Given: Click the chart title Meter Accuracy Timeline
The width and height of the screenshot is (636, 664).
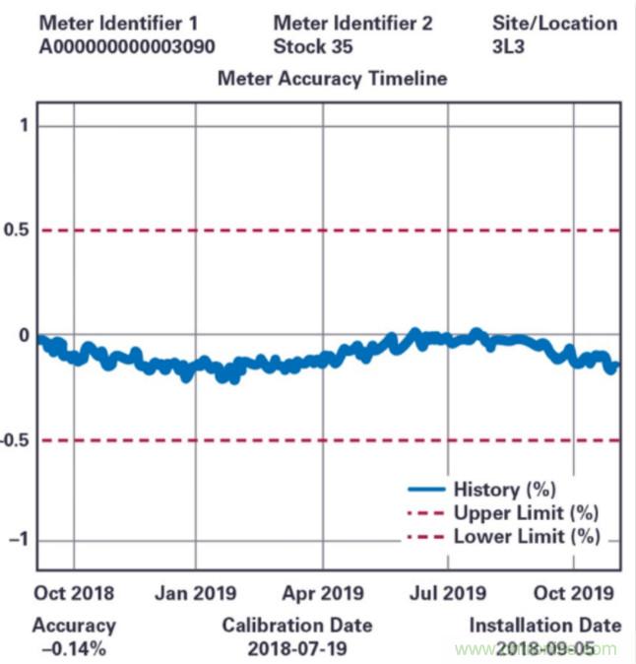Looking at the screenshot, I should point(332,78).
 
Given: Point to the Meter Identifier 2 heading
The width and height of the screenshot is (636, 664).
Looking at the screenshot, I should point(351,23).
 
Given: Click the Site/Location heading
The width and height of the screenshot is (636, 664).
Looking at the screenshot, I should point(554,23).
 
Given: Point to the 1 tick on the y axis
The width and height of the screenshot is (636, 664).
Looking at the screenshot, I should point(23,125).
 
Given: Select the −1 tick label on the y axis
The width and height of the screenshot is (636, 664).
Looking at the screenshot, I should point(18,540).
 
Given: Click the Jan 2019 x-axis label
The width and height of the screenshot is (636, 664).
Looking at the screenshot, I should point(195,593).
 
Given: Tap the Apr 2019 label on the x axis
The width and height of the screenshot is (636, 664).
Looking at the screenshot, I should point(322,593).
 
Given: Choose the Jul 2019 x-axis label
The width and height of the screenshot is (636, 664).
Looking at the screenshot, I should point(448,593).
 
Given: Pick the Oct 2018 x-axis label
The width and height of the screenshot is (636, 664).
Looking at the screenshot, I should point(74,593).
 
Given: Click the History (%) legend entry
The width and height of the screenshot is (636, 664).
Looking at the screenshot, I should point(505,489).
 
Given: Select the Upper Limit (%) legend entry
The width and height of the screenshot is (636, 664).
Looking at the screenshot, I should point(526,512).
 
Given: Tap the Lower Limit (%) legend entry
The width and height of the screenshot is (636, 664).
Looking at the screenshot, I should point(526,537).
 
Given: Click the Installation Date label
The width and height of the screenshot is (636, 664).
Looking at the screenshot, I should point(544,625).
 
